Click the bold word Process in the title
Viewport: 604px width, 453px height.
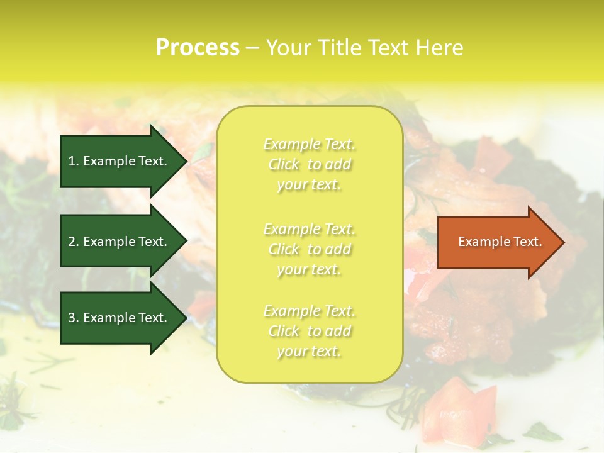[198, 48]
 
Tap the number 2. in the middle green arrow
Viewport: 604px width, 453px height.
[74, 242]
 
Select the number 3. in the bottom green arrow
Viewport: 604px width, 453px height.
[74, 318]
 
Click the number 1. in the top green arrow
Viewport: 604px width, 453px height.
[74, 161]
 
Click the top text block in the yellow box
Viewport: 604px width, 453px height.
[309, 164]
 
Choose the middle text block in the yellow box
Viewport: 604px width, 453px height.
[309, 249]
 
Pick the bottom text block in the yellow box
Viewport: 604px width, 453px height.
[309, 331]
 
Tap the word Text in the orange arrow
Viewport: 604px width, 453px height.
[527, 242]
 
